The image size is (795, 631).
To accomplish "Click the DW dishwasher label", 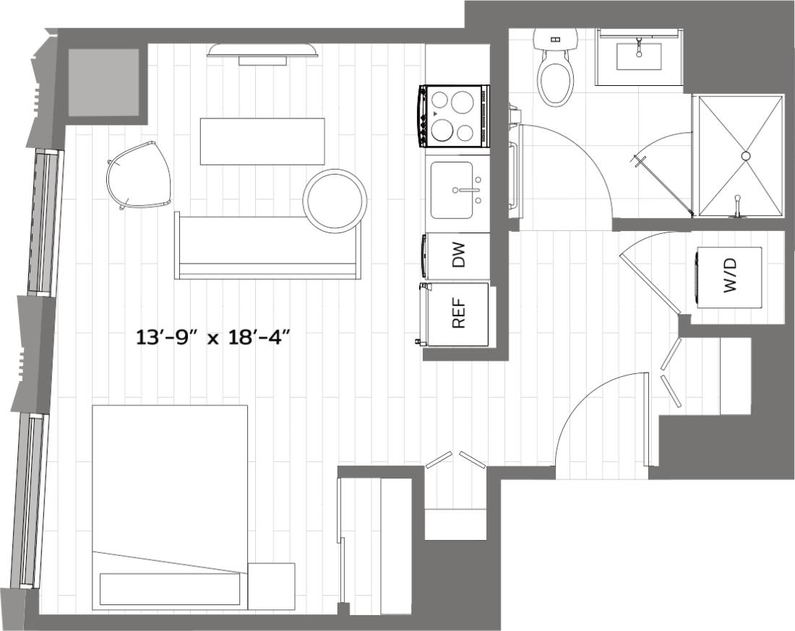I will [458, 256].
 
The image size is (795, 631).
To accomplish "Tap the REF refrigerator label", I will [458, 314].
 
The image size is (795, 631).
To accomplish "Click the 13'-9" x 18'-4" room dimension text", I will [217, 337].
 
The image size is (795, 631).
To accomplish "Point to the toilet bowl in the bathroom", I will [556, 81].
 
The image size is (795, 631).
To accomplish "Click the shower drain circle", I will [746, 155].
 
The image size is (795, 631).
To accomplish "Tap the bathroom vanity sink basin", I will [639, 56].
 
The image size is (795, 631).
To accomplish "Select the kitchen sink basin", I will [452, 190].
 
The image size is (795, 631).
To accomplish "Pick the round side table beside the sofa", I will [335, 201].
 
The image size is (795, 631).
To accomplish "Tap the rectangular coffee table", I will [262, 141].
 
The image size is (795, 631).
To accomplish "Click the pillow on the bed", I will [171, 588].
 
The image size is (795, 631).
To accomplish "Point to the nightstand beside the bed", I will [271, 586].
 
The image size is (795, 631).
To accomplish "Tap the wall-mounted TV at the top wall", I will [262, 51].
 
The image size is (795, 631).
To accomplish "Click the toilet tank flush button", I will [555, 39].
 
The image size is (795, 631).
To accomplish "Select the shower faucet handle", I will [737, 208].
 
